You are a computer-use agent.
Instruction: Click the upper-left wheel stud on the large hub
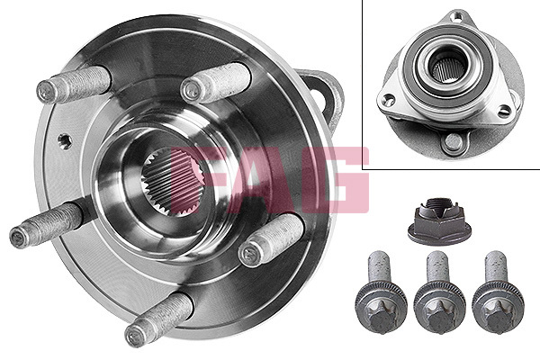[x=74, y=84]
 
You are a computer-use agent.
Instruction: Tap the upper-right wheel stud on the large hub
[x=216, y=83]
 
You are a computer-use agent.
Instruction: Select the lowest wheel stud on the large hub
[x=158, y=319]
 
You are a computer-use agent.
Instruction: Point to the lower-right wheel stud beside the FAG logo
[x=272, y=240]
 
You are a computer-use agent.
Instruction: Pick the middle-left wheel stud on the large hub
[x=47, y=224]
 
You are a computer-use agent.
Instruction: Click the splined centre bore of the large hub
[x=172, y=182]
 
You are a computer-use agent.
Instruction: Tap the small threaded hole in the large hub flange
[x=65, y=141]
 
